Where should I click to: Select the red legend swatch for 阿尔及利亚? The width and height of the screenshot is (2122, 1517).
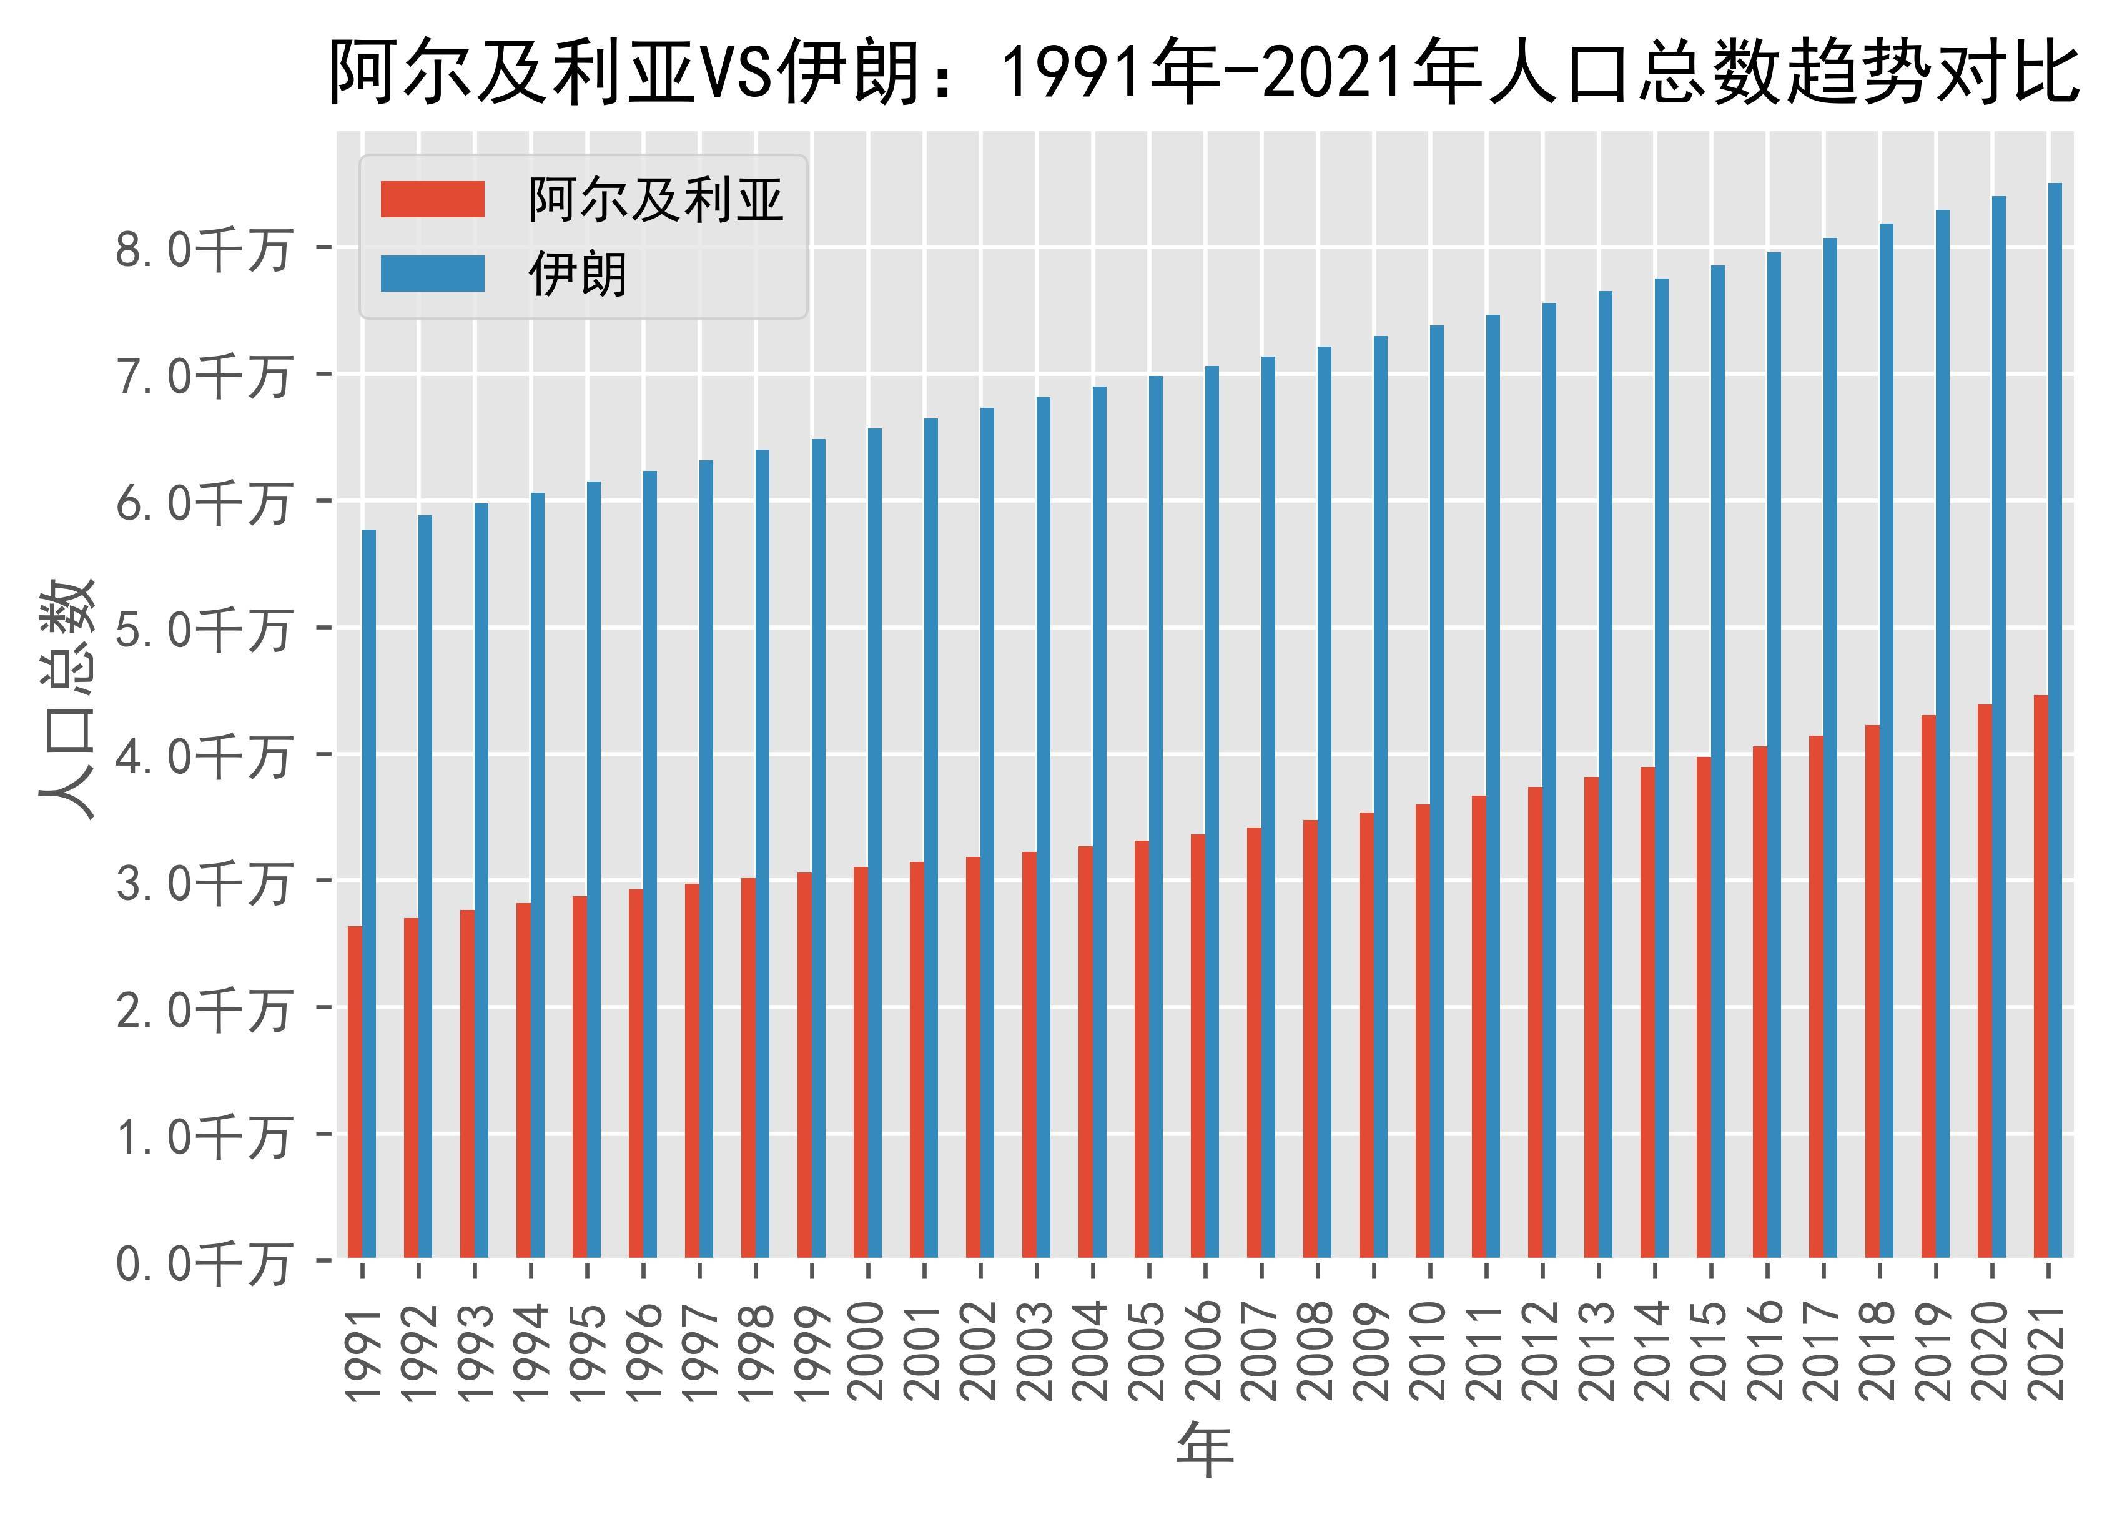[x=432, y=199]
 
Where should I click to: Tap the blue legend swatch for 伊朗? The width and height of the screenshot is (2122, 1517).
[x=432, y=274]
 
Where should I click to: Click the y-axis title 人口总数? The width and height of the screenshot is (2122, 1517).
[x=67, y=699]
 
